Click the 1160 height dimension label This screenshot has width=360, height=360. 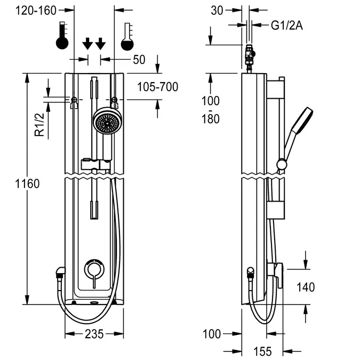(x=27, y=184)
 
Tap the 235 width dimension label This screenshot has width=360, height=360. (x=94, y=334)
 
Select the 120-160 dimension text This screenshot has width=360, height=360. (x=36, y=11)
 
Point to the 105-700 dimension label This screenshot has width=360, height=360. (x=157, y=87)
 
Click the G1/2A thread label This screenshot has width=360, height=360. (x=287, y=26)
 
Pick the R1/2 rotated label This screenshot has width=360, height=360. (x=39, y=125)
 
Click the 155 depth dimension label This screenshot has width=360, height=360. (x=262, y=351)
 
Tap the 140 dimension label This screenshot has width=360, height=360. (x=306, y=287)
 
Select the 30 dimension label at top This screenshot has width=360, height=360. (x=217, y=11)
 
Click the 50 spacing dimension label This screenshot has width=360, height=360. (x=139, y=60)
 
